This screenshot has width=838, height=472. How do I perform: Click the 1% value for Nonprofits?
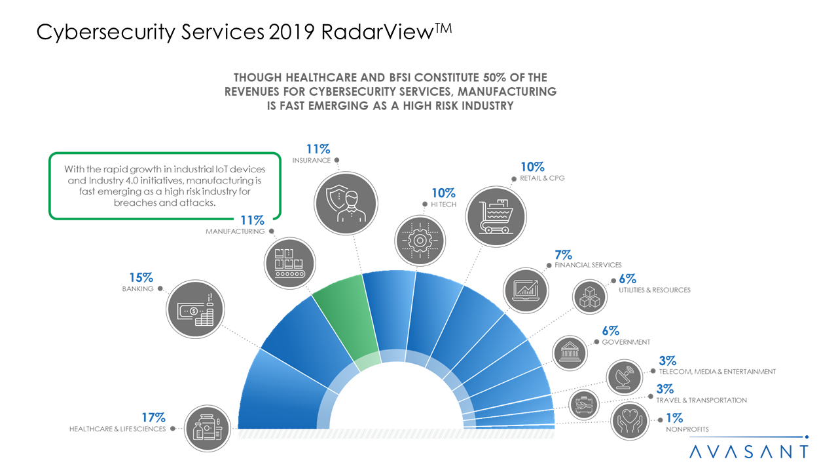674,418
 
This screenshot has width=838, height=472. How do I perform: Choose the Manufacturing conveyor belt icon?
288,261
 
